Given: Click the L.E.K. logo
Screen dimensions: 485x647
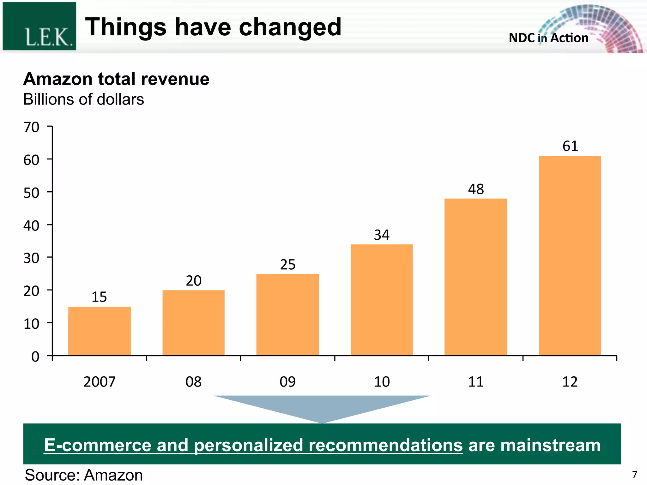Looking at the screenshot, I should [x=39, y=27].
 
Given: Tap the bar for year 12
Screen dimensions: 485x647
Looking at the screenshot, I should [x=570, y=256].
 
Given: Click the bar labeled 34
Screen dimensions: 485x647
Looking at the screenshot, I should [x=381, y=300].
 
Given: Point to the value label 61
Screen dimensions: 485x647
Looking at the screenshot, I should [x=570, y=146].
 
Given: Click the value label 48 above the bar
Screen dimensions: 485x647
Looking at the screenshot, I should [x=476, y=189].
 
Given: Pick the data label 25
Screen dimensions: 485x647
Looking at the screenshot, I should [x=287, y=265].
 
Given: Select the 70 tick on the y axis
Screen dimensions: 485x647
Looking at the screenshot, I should [x=32, y=127].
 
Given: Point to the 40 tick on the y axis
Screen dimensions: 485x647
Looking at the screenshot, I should [x=32, y=226].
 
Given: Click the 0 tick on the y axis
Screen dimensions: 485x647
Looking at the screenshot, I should [x=35, y=357].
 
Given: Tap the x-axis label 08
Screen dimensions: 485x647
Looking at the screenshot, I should [x=193, y=382].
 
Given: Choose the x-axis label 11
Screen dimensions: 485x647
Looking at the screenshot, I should [x=476, y=382].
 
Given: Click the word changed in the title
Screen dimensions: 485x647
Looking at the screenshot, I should [x=290, y=27].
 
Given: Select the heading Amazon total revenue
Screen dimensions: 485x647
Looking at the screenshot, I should [x=116, y=79].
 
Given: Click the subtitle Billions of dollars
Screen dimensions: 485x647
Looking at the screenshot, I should [x=83, y=99].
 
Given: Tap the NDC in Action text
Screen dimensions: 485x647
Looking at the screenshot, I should [x=548, y=38].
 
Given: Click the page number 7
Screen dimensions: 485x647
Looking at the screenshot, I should [x=635, y=474].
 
